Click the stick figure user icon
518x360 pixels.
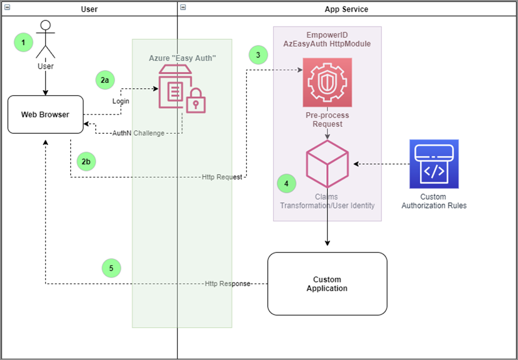tap(46, 39)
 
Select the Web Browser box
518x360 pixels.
tap(45, 114)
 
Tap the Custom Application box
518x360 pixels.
tap(327, 284)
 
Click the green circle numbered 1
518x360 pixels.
tap(23, 42)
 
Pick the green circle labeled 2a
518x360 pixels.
tap(105, 80)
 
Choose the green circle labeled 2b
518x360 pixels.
tap(86, 161)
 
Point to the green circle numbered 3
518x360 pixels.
tap(258, 54)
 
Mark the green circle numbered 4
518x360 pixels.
tap(287, 184)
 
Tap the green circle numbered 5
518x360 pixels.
tap(111, 268)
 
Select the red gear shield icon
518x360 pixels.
tap(327, 82)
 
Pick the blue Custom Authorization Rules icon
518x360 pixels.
tap(434, 164)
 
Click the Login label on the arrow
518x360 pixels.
tap(121, 101)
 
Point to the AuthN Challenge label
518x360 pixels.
tap(138, 133)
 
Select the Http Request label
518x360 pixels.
tap(222, 177)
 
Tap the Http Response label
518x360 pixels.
tap(227, 284)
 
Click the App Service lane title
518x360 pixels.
tap(346, 9)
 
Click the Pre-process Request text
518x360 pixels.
tap(327, 120)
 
